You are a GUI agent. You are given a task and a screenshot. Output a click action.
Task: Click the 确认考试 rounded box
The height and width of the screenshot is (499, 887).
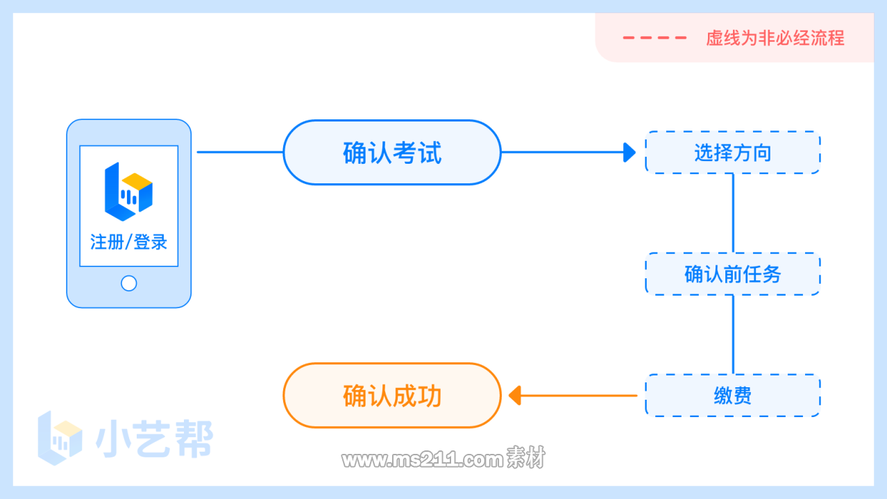(391, 153)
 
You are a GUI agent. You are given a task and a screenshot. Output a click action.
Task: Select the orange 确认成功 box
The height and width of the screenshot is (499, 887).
(391, 396)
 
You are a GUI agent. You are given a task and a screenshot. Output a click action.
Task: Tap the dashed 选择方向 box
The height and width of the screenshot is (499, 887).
(732, 153)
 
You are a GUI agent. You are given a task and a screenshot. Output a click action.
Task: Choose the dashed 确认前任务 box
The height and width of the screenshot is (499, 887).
(732, 274)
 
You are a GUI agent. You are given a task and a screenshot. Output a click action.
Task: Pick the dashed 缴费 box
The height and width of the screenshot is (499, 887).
(732, 396)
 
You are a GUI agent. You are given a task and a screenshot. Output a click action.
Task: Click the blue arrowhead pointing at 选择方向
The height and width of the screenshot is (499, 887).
(630, 152)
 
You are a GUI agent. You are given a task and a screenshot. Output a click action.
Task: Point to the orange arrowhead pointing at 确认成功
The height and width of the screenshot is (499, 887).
(514, 396)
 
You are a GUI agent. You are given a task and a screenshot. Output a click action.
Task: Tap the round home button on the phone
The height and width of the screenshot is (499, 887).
(128, 283)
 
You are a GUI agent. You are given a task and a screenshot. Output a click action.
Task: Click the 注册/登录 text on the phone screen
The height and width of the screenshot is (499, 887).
(128, 242)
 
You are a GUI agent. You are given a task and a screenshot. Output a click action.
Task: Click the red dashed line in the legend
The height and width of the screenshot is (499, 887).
(654, 37)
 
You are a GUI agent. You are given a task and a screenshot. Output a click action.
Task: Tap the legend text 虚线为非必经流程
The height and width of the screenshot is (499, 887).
(775, 37)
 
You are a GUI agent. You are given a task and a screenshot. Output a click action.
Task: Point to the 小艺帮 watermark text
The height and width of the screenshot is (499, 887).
(154, 439)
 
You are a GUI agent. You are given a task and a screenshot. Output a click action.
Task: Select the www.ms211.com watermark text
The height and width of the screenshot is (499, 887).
(421, 459)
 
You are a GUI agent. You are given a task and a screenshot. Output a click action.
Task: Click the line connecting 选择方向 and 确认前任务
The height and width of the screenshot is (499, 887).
(733, 212)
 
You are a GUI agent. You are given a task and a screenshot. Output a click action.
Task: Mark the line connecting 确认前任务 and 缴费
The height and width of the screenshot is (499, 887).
(733, 335)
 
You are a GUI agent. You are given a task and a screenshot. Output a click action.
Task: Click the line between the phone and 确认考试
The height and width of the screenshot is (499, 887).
(239, 152)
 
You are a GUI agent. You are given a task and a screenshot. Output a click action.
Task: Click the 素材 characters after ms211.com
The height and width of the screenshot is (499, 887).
(525, 459)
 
